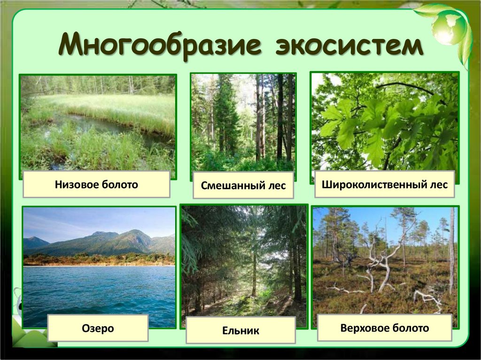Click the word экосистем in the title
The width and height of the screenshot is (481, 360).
(349, 47)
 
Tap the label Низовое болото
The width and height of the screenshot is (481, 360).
(96, 184)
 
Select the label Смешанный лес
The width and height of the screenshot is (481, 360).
(243, 185)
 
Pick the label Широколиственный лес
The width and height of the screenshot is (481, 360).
(388, 184)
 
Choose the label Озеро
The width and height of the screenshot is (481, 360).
(98, 328)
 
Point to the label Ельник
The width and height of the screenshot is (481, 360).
(240, 330)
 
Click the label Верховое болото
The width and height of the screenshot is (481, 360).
(384, 328)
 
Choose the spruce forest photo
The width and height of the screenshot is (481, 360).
(244, 263)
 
